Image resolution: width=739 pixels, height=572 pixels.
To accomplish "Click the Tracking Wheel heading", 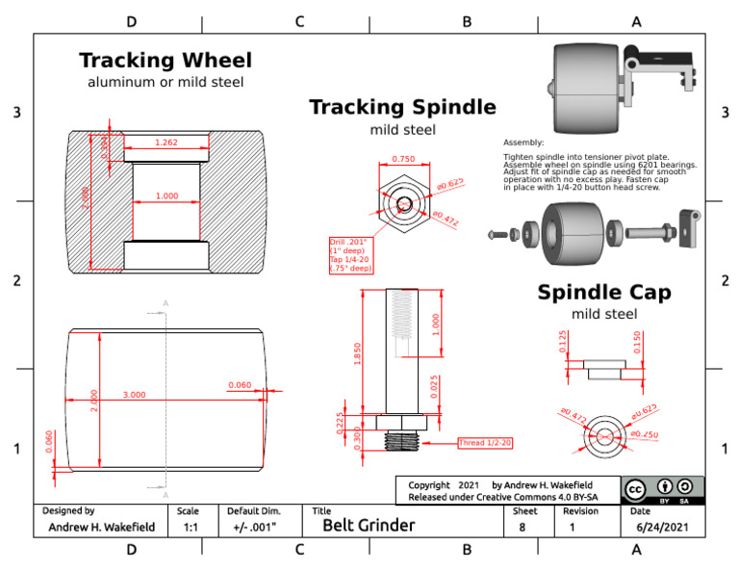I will coord(166,61).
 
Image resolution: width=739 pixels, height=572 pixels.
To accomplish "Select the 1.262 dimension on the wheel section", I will coord(166,143).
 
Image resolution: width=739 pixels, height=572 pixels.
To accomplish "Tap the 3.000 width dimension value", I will coord(134,395).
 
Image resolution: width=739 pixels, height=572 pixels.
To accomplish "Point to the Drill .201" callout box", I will coord(352,255).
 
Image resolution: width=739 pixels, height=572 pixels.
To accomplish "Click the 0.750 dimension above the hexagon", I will coord(403,160).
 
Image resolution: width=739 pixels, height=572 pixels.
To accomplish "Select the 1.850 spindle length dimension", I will coord(358,353).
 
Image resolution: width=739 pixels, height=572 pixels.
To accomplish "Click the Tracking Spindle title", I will coord(402,107).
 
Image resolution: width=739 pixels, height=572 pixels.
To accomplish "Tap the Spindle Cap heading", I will coord(604,292).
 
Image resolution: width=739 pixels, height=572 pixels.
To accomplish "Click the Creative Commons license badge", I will coord(662,489).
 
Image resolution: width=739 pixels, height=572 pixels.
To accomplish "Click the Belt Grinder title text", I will coord(369,526).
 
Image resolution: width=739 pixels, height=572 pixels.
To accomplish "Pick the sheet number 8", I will coord(522,527).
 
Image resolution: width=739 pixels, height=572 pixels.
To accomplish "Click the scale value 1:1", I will coord(191,527).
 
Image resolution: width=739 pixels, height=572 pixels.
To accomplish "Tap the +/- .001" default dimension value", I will coord(255,527).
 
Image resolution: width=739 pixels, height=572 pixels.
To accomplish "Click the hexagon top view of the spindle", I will coord(403,205).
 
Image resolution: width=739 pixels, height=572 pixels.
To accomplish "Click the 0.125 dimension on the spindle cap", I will coord(564,343).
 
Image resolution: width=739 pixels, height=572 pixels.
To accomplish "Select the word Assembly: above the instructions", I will coord(523,143).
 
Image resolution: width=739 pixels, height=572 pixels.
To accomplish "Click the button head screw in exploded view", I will coord(495,234).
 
